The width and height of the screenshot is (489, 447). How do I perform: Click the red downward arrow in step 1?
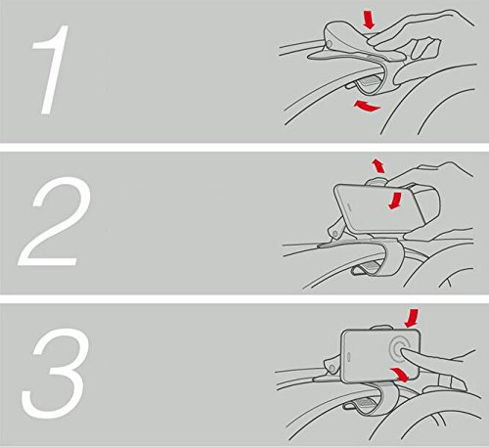coord(370,20)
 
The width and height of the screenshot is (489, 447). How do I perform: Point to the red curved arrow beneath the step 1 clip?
coord(367,107)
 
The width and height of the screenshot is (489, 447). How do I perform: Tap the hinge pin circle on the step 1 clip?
coord(329,44)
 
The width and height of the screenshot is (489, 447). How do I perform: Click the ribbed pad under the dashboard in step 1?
coord(368,81)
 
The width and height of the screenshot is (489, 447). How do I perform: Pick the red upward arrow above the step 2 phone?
coord(378,166)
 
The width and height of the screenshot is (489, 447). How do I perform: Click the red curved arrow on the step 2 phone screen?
coord(395,201)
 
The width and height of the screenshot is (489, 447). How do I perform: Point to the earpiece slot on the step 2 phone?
coord(349,206)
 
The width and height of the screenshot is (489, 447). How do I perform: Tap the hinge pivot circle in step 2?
coord(334,233)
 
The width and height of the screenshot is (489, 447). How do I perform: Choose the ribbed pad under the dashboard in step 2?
coord(371,266)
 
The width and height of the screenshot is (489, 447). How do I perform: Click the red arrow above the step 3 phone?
coord(412,318)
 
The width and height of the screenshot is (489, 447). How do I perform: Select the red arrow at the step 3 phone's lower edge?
coord(399,374)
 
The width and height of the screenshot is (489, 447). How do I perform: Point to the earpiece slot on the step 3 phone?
coord(350,357)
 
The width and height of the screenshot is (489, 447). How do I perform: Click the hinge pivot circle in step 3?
coord(332,368)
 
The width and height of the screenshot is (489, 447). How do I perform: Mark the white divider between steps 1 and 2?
coord(244,147)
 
